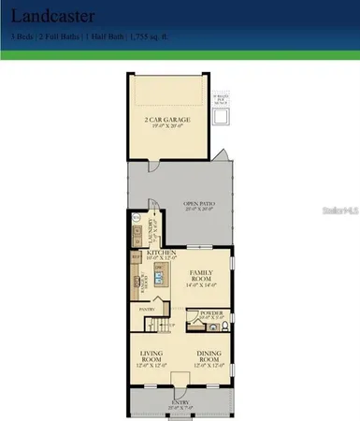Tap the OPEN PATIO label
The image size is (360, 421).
[197, 204]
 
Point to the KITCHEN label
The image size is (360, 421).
[161, 253]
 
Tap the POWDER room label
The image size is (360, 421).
[211, 313]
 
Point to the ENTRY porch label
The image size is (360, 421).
[178, 403]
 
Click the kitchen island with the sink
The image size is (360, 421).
[160, 279]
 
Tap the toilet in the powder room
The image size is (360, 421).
[224, 327]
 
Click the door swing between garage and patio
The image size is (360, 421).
[217, 154]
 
